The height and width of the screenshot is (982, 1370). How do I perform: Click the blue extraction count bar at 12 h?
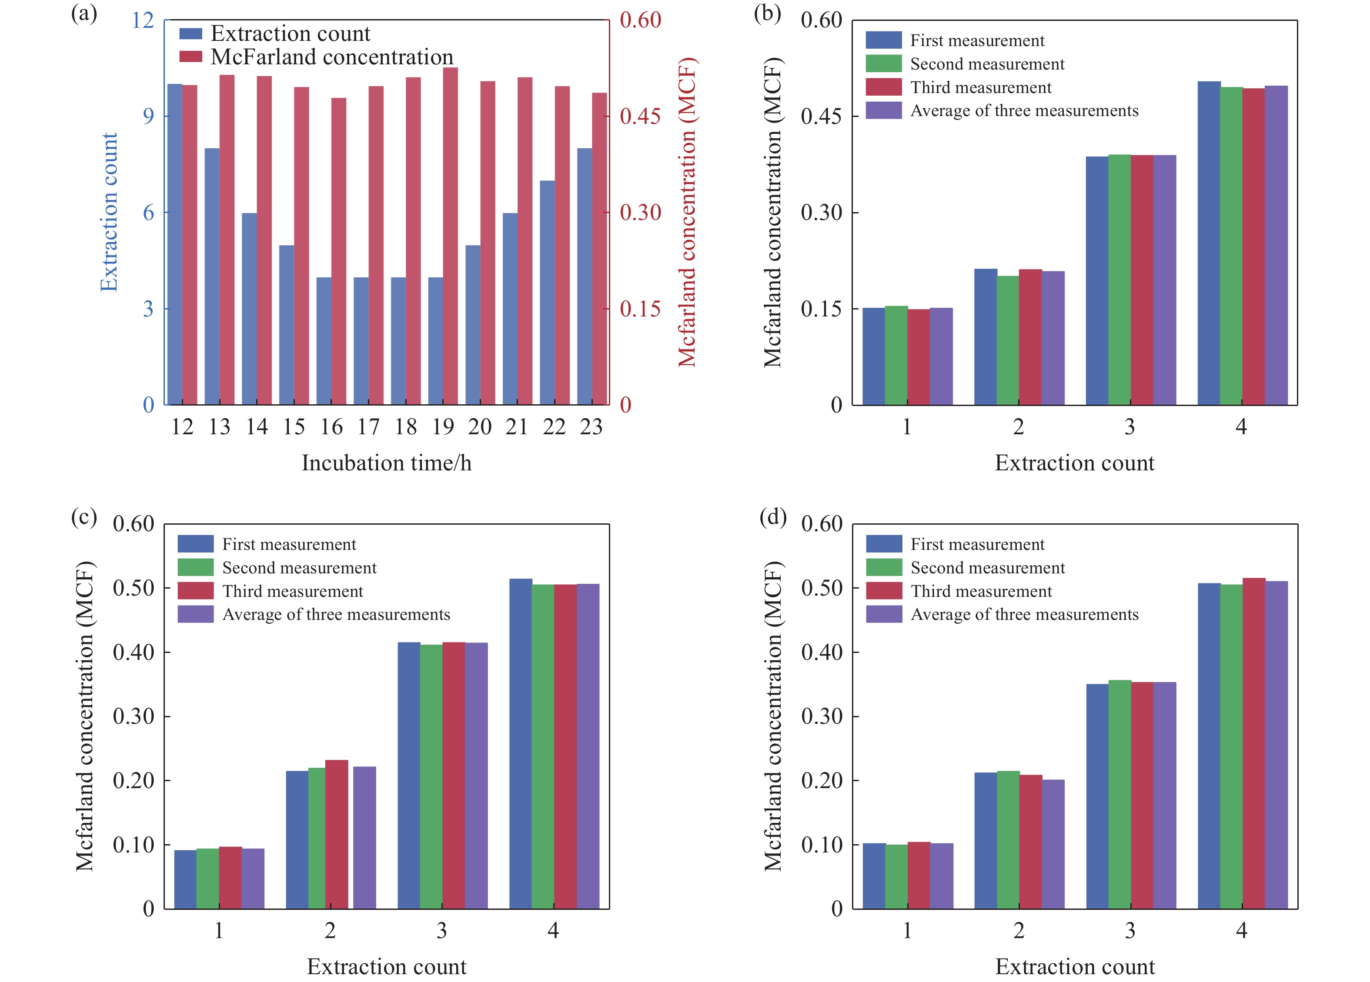pos(174,245)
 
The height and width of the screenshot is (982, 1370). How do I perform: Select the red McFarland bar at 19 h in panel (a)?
pos(450,236)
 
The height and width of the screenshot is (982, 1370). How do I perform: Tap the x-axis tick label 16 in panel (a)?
pos(331,427)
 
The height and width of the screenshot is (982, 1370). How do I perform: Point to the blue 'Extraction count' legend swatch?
pos(191,34)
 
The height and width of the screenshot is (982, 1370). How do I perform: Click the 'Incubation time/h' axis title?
pos(387,463)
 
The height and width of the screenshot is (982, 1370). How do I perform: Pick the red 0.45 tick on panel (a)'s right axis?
pos(640,117)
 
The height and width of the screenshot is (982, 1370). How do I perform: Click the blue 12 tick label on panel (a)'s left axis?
pos(143,20)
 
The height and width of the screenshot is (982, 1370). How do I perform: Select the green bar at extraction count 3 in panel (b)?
pos(1119,280)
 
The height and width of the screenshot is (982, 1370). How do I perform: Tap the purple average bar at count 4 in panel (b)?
pos(1276,245)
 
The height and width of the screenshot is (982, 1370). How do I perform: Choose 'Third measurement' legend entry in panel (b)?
pos(980,87)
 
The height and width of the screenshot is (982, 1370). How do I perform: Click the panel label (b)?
pos(767,13)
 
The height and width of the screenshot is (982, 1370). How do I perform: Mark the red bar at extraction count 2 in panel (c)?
pos(337,834)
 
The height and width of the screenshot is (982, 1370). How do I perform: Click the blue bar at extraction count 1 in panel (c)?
pos(185,879)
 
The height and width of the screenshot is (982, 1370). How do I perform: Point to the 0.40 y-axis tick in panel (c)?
pos(134,652)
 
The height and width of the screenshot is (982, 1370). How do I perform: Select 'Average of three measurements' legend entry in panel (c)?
pos(336,615)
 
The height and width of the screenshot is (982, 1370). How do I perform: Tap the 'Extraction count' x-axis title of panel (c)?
pos(387,967)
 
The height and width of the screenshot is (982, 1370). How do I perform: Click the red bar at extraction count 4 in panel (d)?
pos(1253,743)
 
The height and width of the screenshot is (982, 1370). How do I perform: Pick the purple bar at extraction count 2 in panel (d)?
pos(1053,844)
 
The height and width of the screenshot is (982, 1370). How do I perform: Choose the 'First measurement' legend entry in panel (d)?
pos(977,545)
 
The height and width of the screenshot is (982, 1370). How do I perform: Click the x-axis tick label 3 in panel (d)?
pos(1129,931)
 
